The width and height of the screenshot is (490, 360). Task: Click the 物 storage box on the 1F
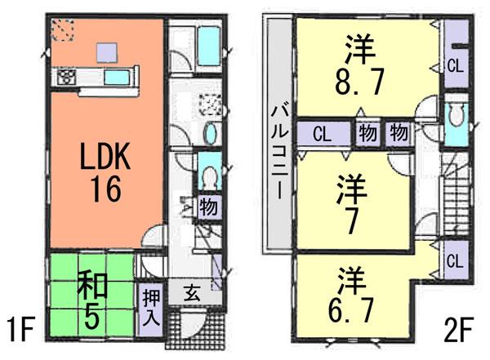(207, 208)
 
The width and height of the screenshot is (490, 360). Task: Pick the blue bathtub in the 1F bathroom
(211, 42)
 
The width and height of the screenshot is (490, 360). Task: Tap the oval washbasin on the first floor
(210, 136)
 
